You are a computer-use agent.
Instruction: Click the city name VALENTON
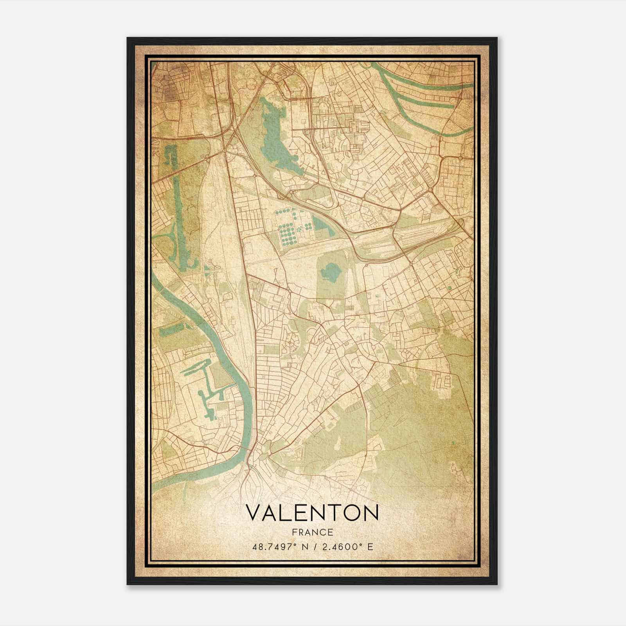click(312, 513)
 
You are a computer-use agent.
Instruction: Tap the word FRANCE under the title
click(312, 532)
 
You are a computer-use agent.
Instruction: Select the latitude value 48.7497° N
click(281, 546)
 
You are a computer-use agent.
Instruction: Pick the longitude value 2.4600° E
click(347, 546)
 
